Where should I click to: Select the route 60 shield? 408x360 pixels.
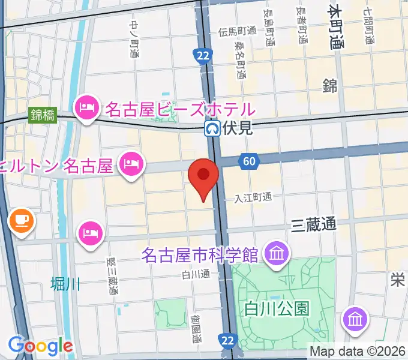tap(249, 161)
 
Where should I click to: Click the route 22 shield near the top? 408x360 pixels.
tap(203, 56)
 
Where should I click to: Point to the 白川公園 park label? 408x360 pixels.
tap(277, 309)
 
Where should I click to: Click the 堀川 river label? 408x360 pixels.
tap(65, 283)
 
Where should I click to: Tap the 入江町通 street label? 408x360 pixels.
tap(253, 197)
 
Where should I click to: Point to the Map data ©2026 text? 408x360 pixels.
tap(358, 351)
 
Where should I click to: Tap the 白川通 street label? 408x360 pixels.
tap(197, 275)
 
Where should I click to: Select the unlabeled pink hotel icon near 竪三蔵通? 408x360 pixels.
tap(90, 232)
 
